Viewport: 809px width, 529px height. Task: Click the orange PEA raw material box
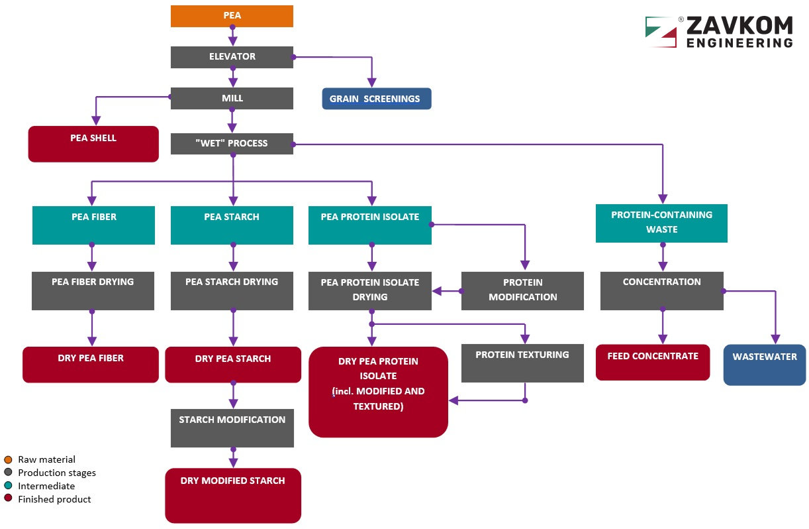(232, 16)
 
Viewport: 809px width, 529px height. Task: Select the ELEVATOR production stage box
(232, 57)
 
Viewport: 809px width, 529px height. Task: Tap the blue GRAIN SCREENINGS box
(376, 99)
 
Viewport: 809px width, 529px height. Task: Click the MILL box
(232, 98)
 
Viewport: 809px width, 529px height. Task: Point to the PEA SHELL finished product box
(93, 143)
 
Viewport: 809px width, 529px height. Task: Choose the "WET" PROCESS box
(232, 143)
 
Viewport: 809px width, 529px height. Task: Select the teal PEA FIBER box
(93, 225)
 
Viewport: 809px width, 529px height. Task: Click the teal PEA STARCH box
(232, 225)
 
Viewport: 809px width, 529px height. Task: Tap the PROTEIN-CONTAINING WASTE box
(661, 223)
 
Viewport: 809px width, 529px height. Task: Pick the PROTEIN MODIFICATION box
(522, 290)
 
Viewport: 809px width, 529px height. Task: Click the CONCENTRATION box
(661, 290)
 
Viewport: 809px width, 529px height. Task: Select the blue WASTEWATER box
(765, 365)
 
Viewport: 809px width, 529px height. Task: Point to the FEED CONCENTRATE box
(653, 363)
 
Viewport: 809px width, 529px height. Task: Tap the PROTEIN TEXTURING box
(522, 363)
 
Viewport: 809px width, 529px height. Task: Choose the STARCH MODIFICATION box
(232, 428)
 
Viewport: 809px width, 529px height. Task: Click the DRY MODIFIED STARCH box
(233, 495)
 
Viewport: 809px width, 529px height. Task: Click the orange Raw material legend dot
(8, 459)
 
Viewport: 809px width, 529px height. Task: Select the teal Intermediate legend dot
(8, 486)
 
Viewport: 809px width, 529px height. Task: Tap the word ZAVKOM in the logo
(739, 26)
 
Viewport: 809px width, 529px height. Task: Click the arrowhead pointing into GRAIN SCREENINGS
(372, 84)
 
